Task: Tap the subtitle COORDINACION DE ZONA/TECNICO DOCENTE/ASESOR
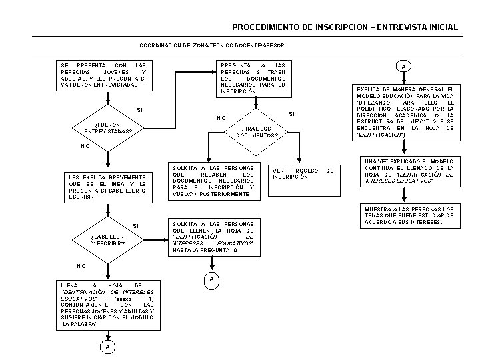[212, 45]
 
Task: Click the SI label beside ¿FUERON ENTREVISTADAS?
[139, 109]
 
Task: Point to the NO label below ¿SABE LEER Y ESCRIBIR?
[81, 266]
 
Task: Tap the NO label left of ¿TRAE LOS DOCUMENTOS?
[221, 119]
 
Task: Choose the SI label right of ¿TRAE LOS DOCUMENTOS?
[291, 115]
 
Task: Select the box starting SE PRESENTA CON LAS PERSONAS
[103, 75]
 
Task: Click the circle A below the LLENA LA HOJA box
[107, 347]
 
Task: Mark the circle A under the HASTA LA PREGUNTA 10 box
[211, 279]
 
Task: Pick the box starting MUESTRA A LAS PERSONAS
[409, 216]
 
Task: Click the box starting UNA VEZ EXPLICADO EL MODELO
[409, 171]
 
